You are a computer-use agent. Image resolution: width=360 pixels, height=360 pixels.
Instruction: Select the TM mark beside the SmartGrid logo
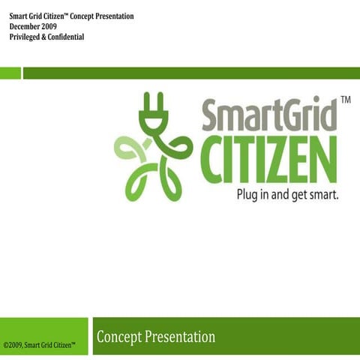346,99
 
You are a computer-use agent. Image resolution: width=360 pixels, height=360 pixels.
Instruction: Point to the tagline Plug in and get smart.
287,193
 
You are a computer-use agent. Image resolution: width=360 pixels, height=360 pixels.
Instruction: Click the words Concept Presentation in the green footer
156,337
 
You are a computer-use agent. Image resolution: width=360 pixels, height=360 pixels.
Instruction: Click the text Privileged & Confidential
46,37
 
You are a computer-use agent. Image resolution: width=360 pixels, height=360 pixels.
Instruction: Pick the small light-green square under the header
10,73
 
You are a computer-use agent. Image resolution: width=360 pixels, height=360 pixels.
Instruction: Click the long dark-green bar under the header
191,73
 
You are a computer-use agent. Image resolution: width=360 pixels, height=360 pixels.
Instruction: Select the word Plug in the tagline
248,194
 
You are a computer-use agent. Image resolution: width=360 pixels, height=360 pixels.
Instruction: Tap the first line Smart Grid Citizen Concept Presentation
71,16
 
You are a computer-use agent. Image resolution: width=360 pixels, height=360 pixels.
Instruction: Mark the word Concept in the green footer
118,337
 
